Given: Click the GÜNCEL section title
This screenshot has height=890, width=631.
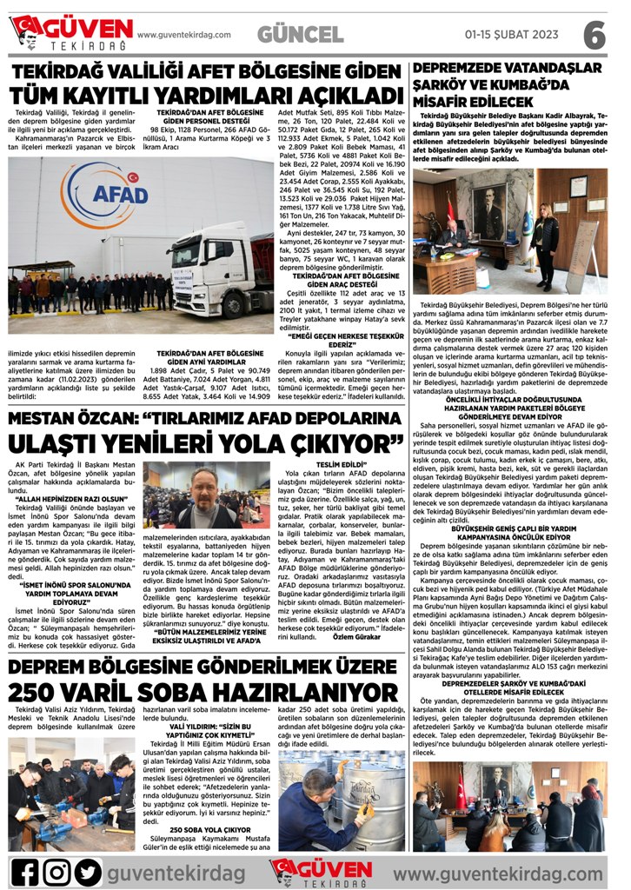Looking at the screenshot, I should click(300, 35).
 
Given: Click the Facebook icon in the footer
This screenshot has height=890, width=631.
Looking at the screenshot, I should click(24, 872).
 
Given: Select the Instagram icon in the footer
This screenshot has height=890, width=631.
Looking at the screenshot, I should click(56, 872).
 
